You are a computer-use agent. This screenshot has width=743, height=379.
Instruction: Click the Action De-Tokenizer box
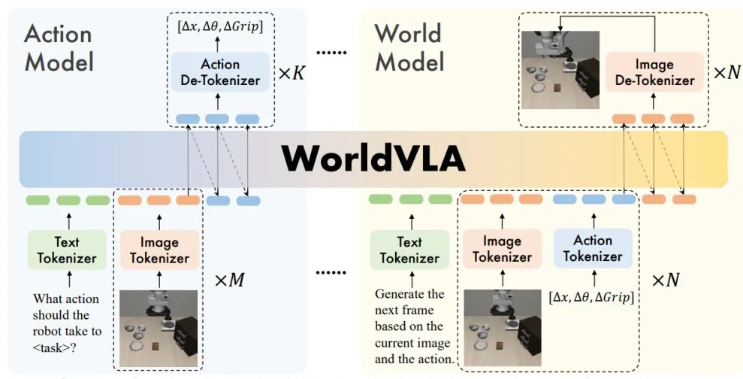tap(220, 72)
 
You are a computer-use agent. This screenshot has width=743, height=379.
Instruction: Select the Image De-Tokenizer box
tap(654, 72)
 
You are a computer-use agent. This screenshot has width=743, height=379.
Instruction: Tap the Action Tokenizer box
tap(593, 248)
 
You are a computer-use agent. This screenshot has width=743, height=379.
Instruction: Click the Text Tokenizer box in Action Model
tap(67, 250)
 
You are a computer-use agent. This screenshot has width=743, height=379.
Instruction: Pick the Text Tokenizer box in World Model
tap(409, 250)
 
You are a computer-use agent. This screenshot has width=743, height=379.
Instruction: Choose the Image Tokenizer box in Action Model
tap(160, 250)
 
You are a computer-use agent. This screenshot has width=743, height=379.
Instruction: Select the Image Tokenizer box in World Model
tap(503, 249)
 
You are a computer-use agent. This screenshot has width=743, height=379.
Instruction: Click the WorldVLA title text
tap(373, 158)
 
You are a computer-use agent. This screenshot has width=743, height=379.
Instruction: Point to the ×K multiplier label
tap(291, 73)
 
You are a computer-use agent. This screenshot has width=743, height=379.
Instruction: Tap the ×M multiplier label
tap(230, 280)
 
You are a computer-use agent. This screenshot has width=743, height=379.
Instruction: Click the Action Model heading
tap(59, 48)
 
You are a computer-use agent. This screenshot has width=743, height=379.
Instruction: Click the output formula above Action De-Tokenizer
tap(220, 26)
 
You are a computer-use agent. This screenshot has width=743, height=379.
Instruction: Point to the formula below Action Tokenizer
tap(591, 298)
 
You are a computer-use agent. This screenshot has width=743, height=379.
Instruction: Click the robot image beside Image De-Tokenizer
tap(560, 70)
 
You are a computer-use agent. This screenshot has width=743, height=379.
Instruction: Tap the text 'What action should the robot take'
tap(66, 315)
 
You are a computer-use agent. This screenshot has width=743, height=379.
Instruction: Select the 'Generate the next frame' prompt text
tap(410, 302)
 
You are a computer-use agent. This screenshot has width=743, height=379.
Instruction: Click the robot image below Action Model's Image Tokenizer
tap(159, 329)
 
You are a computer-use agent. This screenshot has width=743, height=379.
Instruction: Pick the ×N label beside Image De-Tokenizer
tap(726, 72)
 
